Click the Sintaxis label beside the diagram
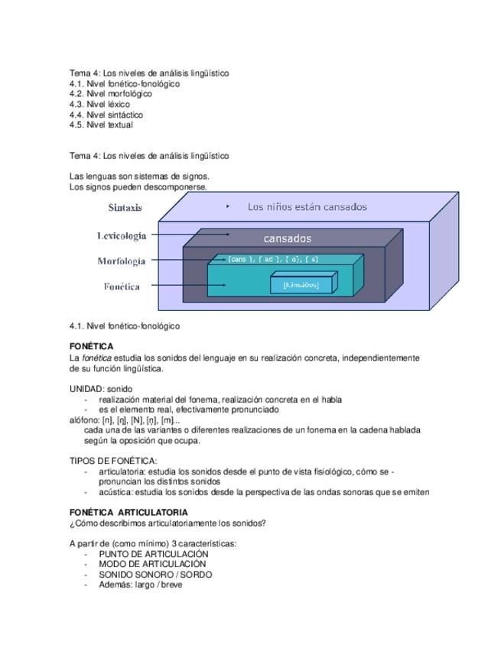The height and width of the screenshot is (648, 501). (x=125, y=208)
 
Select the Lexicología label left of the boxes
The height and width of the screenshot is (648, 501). (x=121, y=236)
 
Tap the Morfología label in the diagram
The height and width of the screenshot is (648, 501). (x=121, y=261)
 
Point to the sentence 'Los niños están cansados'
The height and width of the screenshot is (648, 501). (x=307, y=207)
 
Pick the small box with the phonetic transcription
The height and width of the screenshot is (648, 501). (x=304, y=284)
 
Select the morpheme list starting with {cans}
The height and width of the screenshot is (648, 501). (x=272, y=260)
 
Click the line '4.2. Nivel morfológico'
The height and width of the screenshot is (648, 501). (x=110, y=94)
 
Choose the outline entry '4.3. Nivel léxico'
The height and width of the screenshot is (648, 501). (x=99, y=105)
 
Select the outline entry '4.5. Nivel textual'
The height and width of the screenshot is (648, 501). (x=101, y=125)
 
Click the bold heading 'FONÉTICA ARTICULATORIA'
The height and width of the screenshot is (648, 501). (x=129, y=512)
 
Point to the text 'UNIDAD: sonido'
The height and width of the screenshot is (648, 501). (x=101, y=389)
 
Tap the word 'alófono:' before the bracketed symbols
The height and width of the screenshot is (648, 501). (x=84, y=420)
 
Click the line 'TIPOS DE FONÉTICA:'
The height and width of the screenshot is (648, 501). (x=113, y=461)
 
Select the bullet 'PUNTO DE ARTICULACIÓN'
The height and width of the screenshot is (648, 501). (x=153, y=554)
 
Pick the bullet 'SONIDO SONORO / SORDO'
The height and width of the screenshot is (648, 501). (x=155, y=575)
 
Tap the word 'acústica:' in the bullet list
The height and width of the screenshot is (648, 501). (x=115, y=493)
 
